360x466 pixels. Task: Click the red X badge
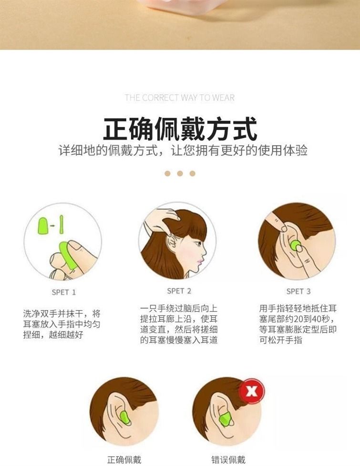pyautogui.click(x=252, y=391)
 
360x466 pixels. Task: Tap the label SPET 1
pyautogui.click(x=64, y=293)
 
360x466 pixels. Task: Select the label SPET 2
pyautogui.click(x=179, y=291)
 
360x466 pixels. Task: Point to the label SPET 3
pyautogui.click(x=298, y=292)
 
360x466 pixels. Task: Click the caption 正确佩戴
pyautogui.click(x=124, y=460)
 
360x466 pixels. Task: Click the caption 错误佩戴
pyautogui.click(x=228, y=460)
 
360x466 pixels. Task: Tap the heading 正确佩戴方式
pyautogui.click(x=180, y=129)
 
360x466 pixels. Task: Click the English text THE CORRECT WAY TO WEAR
pyautogui.click(x=180, y=98)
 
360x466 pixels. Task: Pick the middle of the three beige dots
pyautogui.click(x=180, y=173)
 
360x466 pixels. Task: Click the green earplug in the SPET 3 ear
pyautogui.click(x=296, y=246)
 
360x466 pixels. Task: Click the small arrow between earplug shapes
pyautogui.click(x=52, y=226)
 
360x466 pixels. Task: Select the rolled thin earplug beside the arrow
pyautogui.click(x=62, y=225)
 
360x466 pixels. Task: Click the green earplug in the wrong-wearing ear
pyautogui.click(x=225, y=418)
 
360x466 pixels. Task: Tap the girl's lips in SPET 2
pyautogui.click(x=201, y=261)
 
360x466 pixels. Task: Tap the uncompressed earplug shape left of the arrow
pyautogui.click(x=43, y=225)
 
